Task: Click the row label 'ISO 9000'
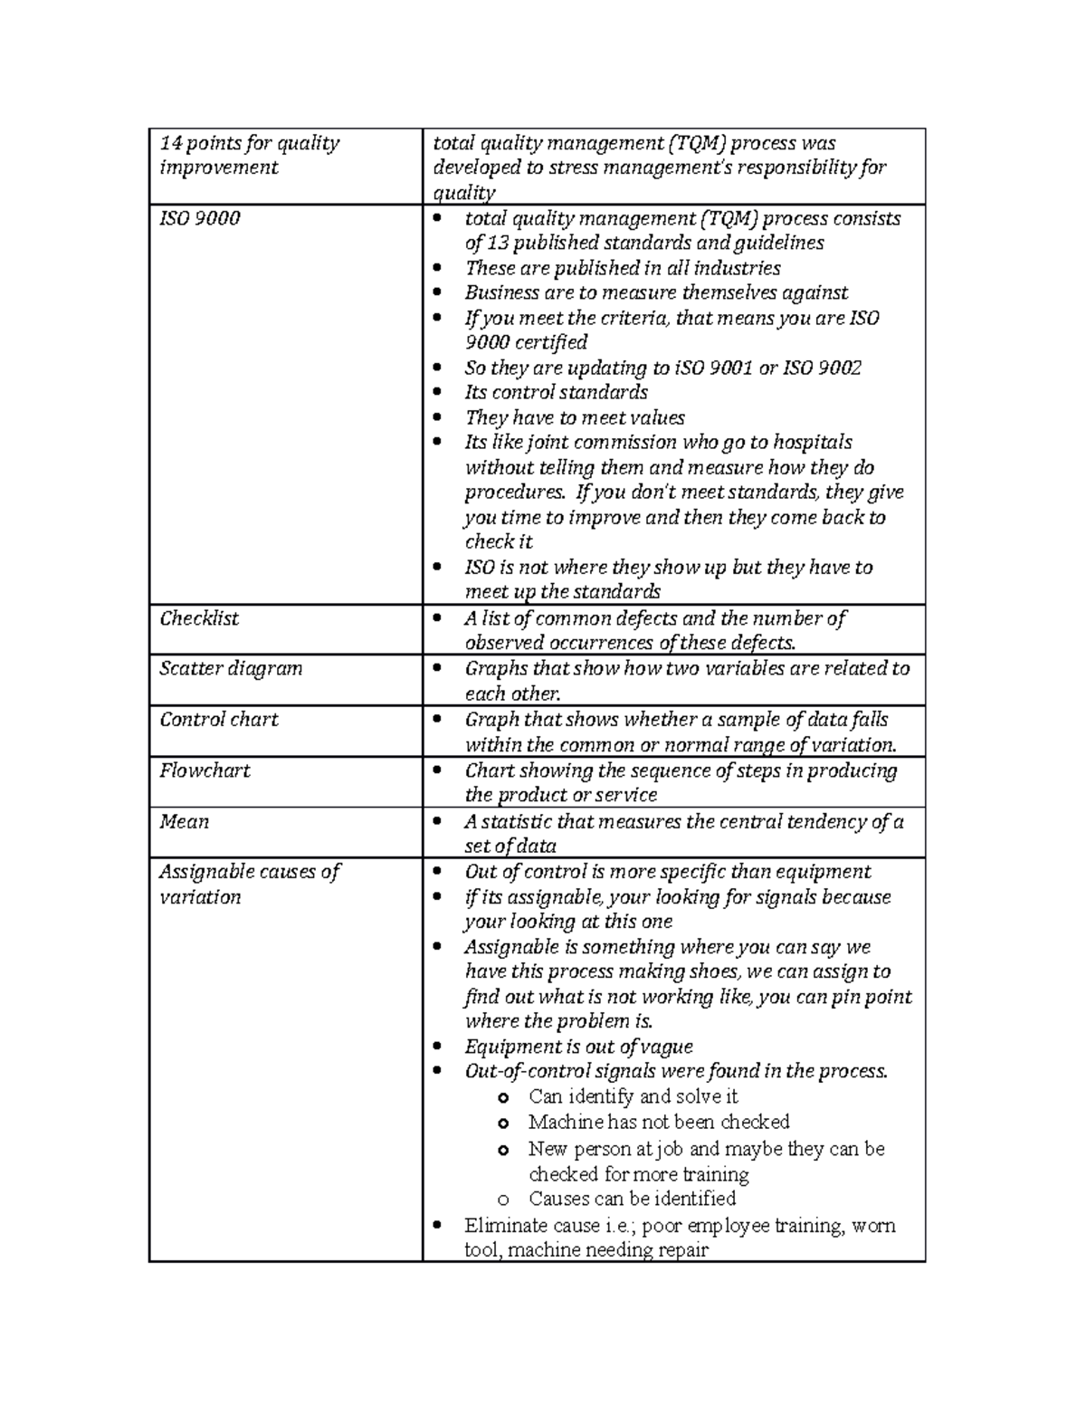tap(200, 219)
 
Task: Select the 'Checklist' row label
tap(199, 619)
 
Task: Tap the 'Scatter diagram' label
tap(231, 669)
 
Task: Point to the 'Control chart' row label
tap(219, 720)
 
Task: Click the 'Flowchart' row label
tap(205, 771)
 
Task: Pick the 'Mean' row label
tap(185, 822)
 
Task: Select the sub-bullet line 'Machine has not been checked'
tap(659, 1123)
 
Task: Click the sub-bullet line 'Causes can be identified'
tap(632, 1200)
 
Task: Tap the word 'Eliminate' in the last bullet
tap(503, 1226)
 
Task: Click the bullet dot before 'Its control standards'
tap(438, 393)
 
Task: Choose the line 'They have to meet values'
tap(575, 418)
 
